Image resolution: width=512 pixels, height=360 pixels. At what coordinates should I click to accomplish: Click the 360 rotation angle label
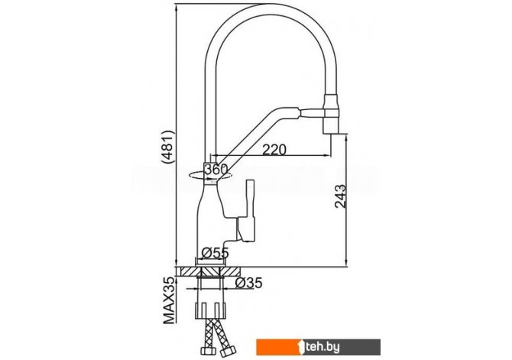(x=219, y=170)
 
